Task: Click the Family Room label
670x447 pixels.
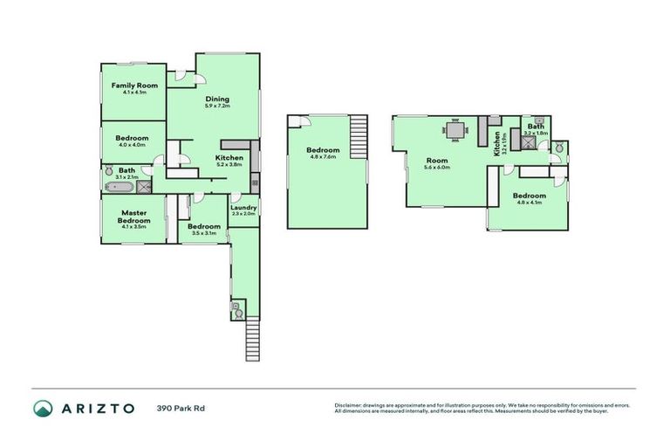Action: click(133, 85)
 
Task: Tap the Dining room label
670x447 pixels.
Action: click(217, 99)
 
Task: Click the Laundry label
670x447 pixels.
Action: click(243, 207)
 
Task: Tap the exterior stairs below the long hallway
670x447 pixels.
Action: click(252, 340)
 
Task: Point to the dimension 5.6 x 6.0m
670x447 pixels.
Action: click(436, 168)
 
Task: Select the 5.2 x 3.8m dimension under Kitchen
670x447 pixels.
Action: click(229, 164)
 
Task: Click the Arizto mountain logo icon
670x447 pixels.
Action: click(43, 408)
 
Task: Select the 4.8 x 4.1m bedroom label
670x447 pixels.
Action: click(529, 196)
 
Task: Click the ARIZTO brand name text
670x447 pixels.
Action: click(97, 408)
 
